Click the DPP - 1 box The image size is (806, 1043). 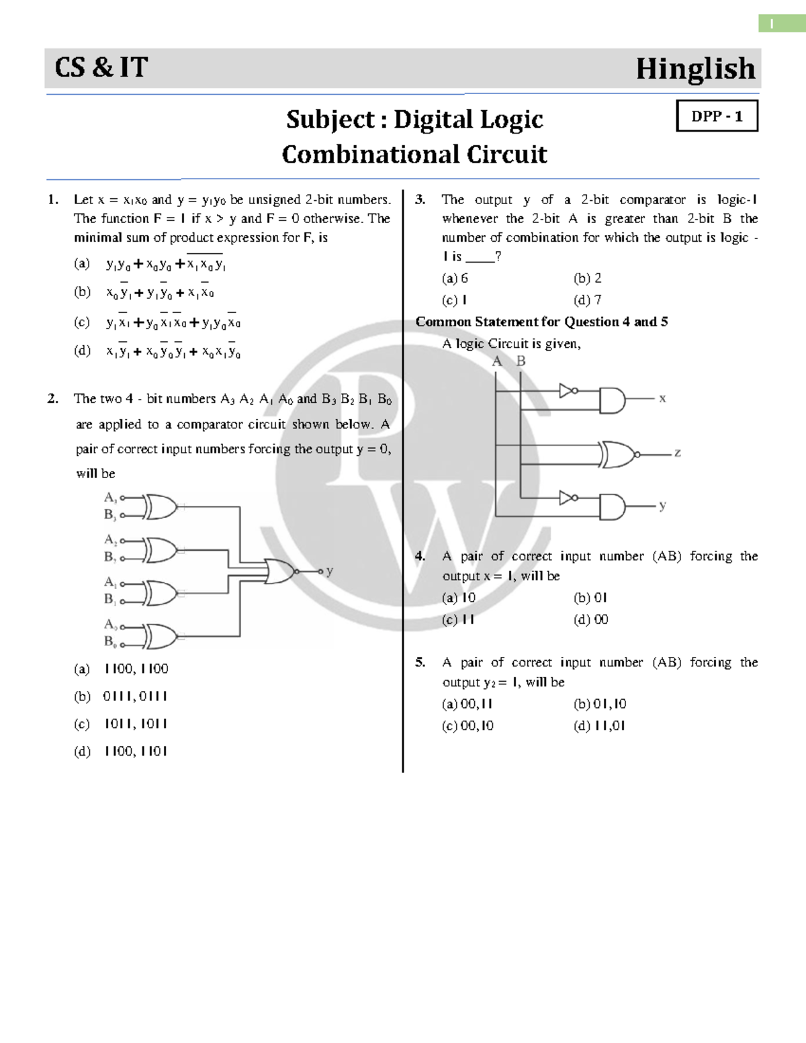click(x=717, y=116)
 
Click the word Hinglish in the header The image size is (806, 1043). click(x=695, y=69)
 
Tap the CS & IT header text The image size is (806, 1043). click(x=101, y=68)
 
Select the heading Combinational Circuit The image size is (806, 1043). click(x=414, y=154)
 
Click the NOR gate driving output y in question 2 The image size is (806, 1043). click(x=281, y=571)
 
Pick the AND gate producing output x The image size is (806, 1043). click(x=612, y=400)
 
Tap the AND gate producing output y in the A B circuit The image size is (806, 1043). click(x=612, y=506)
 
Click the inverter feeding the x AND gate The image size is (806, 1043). click(x=568, y=391)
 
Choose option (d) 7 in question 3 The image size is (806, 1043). click(x=588, y=300)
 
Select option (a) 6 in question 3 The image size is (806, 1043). click(x=455, y=279)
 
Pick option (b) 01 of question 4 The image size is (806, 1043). click(x=590, y=598)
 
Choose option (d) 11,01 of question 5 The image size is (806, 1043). click(x=600, y=725)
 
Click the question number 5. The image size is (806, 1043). click(x=420, y=663)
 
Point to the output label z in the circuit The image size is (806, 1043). click(x=678, y=453)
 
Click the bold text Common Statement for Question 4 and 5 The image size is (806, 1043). click(x=541, y=322)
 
